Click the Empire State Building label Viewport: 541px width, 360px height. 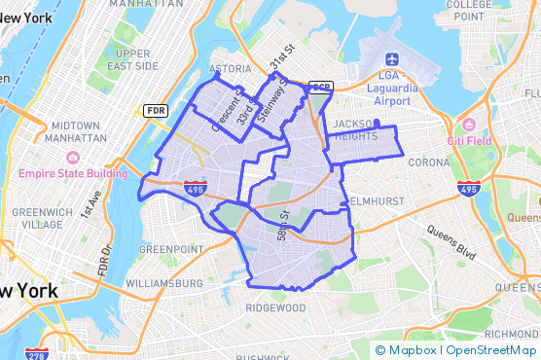pyautogui.click(x=73, y=174)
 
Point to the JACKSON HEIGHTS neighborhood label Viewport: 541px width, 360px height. pyautogui.click(x=355, y=131)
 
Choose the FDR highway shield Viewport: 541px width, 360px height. pyautogui.click(x=156, y=111)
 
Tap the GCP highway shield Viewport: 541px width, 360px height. pyautogui.click(x=320, y=88)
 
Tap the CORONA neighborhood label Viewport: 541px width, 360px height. pyautogui.click(x=428, y=162)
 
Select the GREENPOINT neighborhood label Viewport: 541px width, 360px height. pyautogui.click(x=170, y=249)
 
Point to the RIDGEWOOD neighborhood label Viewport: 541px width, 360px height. pyautogui.click(x=275, y=307)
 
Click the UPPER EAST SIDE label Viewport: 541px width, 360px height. pyautogui.click(x=132, y=59)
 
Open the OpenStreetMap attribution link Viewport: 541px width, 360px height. pyautogui.click(x=491, y=349)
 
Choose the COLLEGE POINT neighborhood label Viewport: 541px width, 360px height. pyautogui.click(x=468, y=11)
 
